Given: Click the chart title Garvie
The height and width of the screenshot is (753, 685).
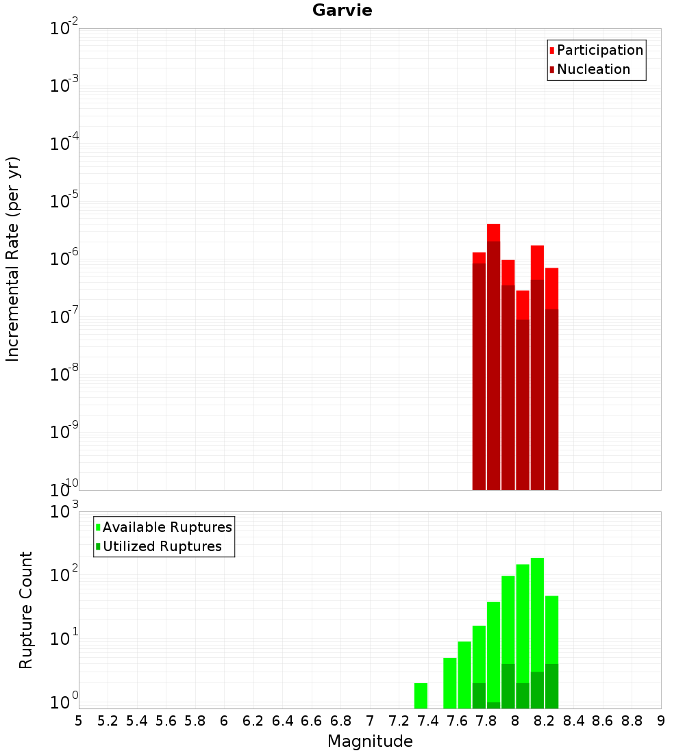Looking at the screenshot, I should coord(342,10).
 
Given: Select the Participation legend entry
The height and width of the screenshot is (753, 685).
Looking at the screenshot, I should coord(599,50).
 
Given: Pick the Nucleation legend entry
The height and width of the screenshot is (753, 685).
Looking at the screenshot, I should coord(593,69).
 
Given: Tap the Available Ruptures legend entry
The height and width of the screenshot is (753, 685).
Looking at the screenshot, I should coord(166,527).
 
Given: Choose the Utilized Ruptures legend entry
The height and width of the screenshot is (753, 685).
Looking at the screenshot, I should coord(162,546).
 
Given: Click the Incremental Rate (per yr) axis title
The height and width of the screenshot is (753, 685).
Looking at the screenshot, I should coord(13,259).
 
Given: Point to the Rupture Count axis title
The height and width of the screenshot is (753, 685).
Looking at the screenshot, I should coord(26,610).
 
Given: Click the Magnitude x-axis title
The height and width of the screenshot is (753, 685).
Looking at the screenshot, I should coord(370,741).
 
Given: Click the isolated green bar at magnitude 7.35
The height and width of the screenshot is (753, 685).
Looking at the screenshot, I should coord(421,695).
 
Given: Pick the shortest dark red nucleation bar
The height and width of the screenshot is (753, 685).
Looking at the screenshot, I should coord(523,404).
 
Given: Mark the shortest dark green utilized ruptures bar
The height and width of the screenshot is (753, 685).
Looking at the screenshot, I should coord(493,705).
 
